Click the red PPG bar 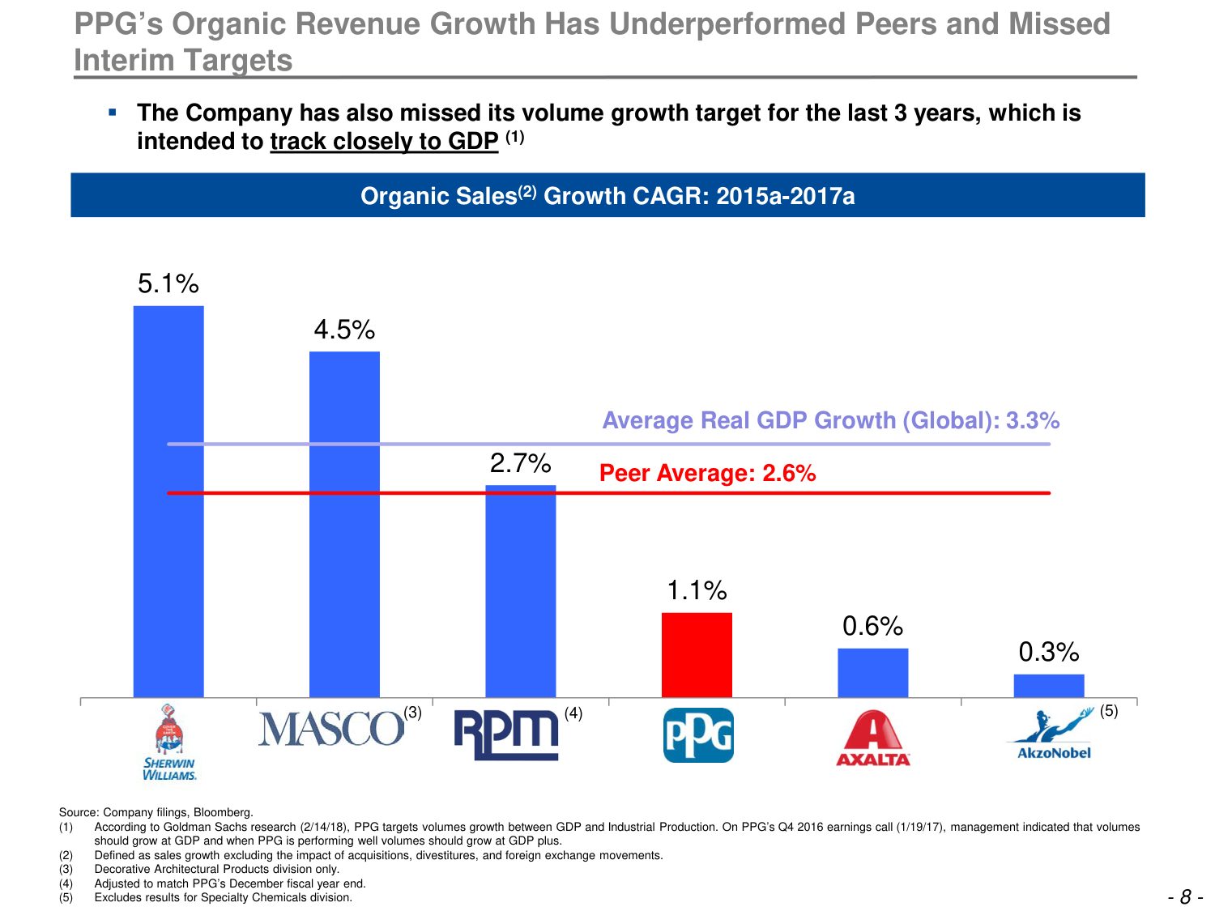tap(697, 654)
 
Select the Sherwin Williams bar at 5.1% tap(168, 501)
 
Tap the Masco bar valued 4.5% tap(344, 524)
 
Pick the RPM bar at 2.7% tap(521, 591)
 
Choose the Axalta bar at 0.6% tap(872, 672)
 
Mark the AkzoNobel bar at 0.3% tap(1049, 685)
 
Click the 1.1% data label tap(697, 590)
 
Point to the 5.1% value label tap(168, 283)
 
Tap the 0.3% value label tap(1049, 652)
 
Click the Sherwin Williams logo tap(169, 742)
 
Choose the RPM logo tap(506, 734)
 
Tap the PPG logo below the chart tap(698, 735)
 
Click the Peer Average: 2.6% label tap(707, 473)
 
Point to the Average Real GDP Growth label tap(830, 420)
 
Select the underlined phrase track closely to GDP tap(384, 141)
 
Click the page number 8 tap(1185, 896)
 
